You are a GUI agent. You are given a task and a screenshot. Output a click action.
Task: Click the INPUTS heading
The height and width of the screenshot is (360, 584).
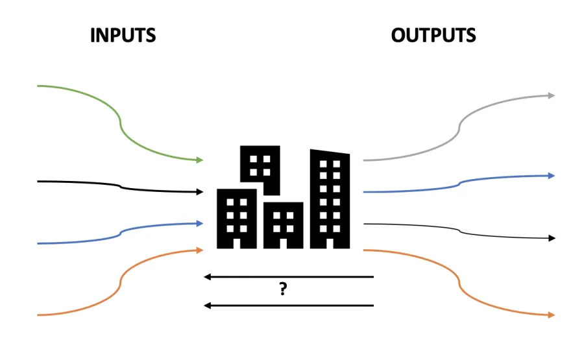coord(123,35)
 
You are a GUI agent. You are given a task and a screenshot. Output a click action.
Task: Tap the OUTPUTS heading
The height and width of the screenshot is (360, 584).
coord(433,35)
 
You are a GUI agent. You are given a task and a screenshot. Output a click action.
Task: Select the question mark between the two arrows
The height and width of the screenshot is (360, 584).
coord(283,290)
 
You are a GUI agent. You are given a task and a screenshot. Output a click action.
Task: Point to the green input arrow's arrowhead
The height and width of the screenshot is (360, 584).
coord(200,160)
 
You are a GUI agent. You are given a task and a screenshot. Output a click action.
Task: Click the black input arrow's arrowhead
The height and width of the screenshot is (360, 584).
coord(200,192)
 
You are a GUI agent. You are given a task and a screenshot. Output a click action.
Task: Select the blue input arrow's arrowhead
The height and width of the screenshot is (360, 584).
coord(200,223)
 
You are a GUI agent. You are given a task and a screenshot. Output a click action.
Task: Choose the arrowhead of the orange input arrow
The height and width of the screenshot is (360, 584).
coord(200,249)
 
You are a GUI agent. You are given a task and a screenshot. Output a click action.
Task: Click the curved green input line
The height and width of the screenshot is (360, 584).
coord(120,121)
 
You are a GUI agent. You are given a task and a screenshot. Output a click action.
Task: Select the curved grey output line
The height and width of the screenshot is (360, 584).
coord(460,127)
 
